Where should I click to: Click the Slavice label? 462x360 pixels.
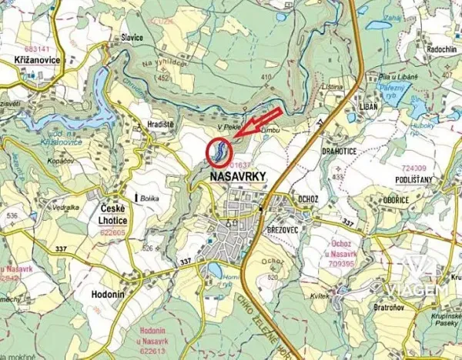132,36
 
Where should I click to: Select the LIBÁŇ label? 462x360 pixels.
368,106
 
